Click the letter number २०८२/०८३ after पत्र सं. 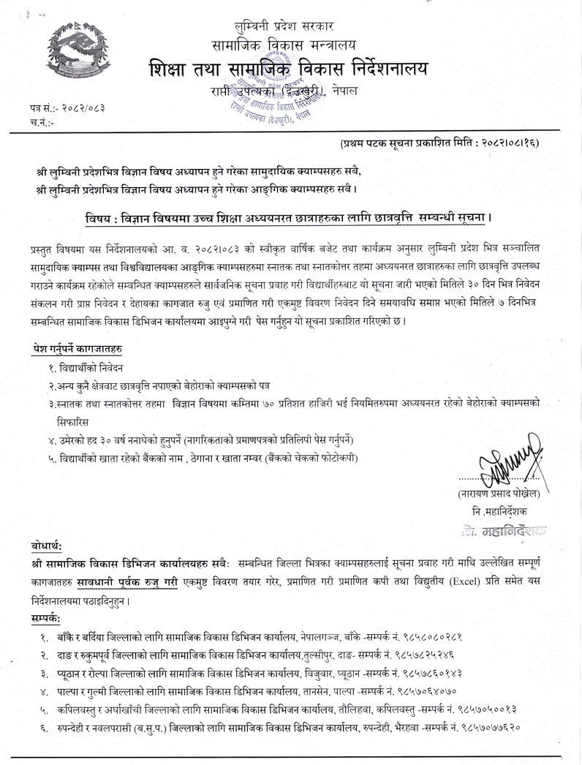tap(80, 109)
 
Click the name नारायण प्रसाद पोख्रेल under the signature tap(499, 493)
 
